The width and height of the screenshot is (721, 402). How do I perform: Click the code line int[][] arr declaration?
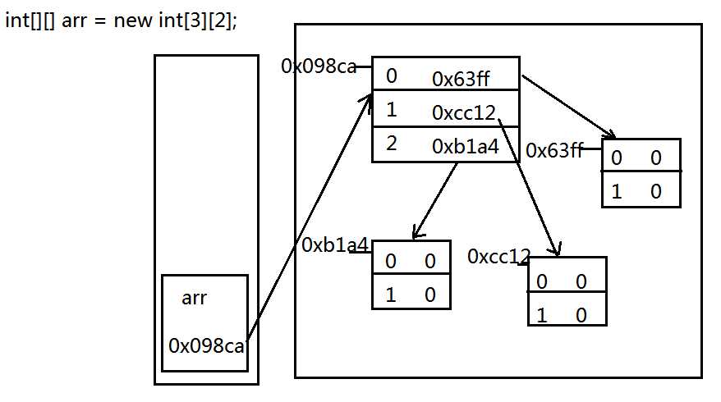[121, 21]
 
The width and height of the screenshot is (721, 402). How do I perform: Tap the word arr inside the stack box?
[194, 298]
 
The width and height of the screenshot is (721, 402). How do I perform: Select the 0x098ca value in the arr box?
[206, 345]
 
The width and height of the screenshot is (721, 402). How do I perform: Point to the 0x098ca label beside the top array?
[319, 66]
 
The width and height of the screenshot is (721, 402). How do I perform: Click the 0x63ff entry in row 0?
[461, 79]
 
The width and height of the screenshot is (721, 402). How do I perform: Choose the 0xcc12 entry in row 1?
[463, 112]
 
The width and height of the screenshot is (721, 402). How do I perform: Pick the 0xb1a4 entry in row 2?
[466, 147]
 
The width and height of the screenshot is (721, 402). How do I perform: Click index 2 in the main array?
[392, 144]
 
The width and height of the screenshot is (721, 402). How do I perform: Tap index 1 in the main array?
[392, 110]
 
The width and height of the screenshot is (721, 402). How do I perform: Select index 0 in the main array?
[392, 75]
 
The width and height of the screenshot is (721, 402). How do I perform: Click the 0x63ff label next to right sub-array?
[554, 150]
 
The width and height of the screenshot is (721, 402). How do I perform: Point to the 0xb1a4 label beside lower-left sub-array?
[335, 244]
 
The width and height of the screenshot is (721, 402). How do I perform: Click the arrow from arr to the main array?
[309, 217]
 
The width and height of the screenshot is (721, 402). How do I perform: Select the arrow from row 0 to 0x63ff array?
[568, 107]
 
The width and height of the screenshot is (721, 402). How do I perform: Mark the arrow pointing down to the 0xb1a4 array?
[434, 201]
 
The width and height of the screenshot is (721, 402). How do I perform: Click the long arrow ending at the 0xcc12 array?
[530, 187]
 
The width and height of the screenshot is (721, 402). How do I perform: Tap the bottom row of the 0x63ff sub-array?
[641, 190]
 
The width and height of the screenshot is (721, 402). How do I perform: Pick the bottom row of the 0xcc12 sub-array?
[567, 308]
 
